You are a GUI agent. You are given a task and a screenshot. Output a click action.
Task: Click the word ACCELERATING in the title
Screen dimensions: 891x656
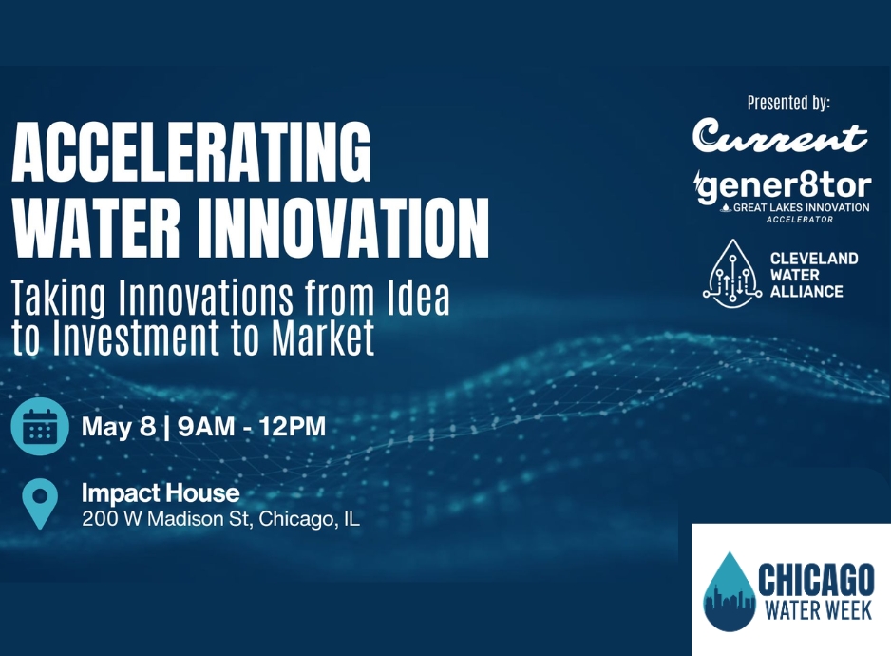tap(192, 151)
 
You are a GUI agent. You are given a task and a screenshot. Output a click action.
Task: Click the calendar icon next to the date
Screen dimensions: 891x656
tap(40, 427)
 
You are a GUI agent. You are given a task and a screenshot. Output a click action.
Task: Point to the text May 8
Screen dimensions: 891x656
tap(119, 427)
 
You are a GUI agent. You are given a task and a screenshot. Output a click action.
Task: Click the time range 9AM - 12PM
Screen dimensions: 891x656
tap(252, 427)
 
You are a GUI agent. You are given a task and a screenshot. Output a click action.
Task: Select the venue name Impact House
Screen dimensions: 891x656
tap(161, 492)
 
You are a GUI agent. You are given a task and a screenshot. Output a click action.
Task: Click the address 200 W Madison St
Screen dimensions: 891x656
tap(166, 519)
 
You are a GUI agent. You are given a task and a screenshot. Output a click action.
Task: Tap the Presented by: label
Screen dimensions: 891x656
tap(788, 103)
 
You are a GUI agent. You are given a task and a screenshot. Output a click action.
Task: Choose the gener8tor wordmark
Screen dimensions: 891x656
tap(783, 186)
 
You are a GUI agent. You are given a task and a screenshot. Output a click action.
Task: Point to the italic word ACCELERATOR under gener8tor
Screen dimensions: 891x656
tap(800, 220)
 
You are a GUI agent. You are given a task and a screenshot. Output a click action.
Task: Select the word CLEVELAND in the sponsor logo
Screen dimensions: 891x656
tap(814, 259)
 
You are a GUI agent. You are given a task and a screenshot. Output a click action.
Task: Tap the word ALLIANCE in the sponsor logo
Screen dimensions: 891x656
tap(806, 292)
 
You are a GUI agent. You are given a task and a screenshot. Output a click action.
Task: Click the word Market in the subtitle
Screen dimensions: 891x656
tap(323, 338)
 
